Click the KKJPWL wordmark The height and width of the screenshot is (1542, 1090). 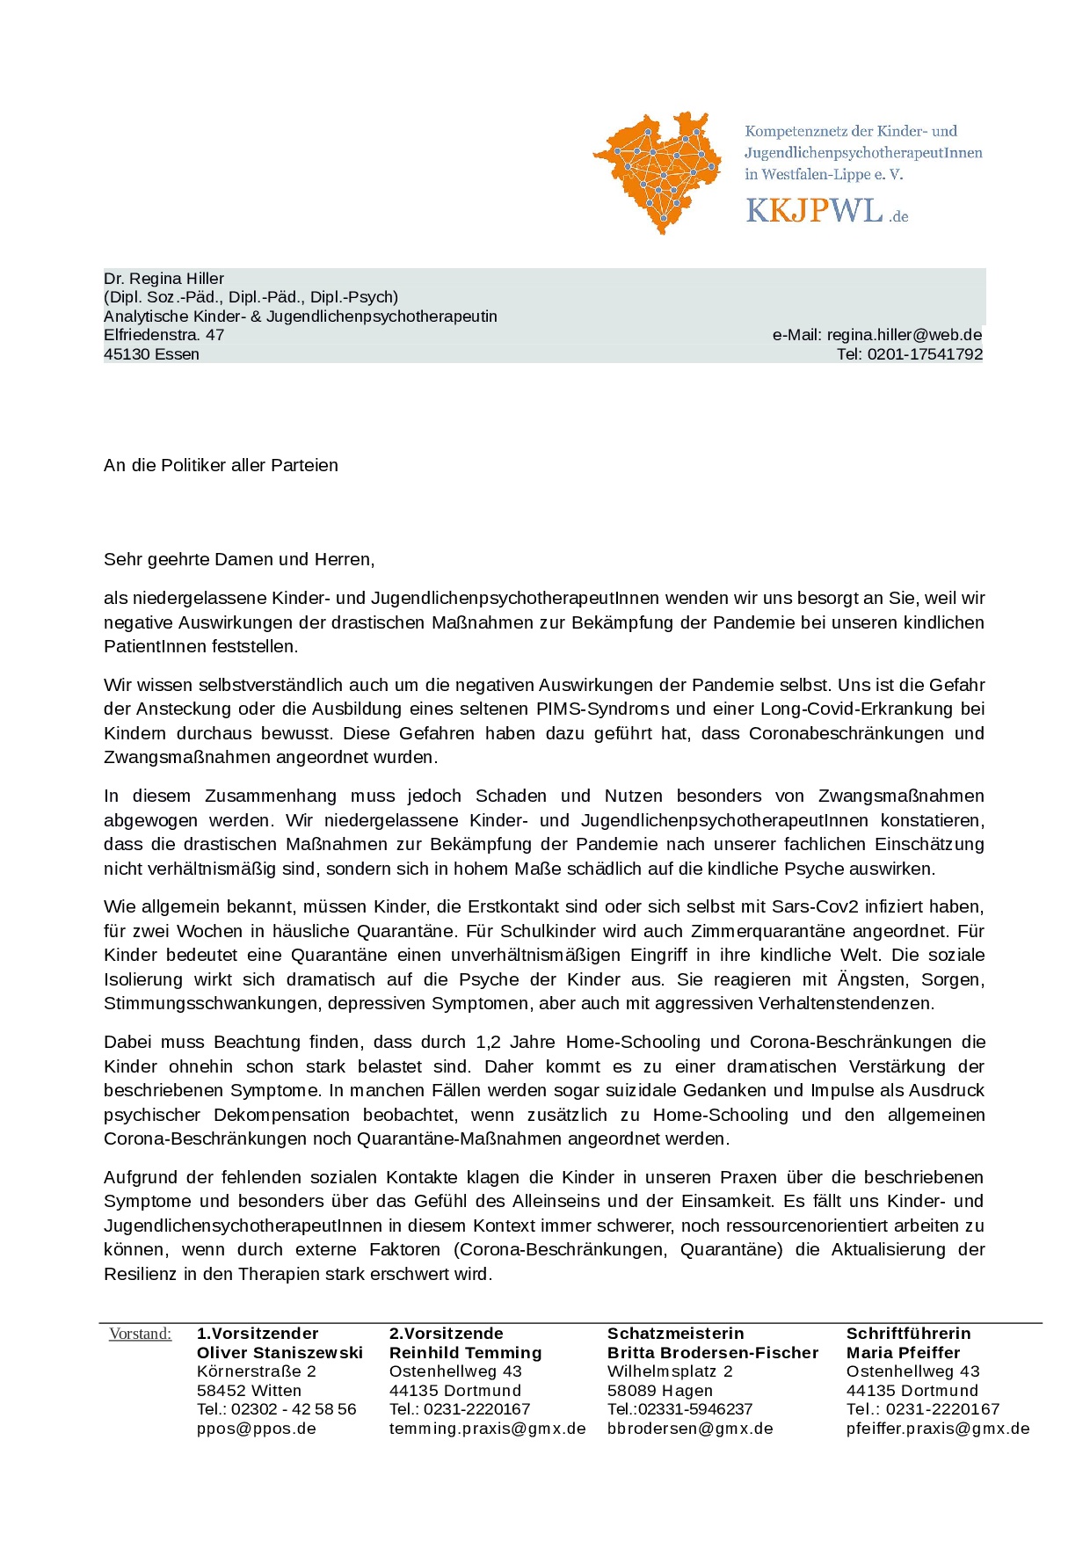[x=814, y=211]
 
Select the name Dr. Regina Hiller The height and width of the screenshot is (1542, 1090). [x=163, y=279]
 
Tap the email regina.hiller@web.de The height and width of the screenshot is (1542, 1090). [x=904, y=335]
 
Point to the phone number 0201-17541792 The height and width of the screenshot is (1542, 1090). [x=925, y=354]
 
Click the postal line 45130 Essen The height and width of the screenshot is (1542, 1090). [x=151, y=354]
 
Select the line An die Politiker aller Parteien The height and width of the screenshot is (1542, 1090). [x=221, y=465]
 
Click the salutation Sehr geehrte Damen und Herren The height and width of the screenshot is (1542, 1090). [x=239, y=559]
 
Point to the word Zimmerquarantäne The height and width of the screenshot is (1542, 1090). [x=760, y=931]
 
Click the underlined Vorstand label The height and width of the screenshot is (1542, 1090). [x=140, y=1334]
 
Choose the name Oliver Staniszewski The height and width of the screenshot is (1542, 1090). [x=280, y=1353]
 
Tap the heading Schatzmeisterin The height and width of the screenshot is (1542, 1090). [x=675, y=1334]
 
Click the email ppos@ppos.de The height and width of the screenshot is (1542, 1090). [x=256, y=1429]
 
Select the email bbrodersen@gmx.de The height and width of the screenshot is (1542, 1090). [x=690, y=1429]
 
